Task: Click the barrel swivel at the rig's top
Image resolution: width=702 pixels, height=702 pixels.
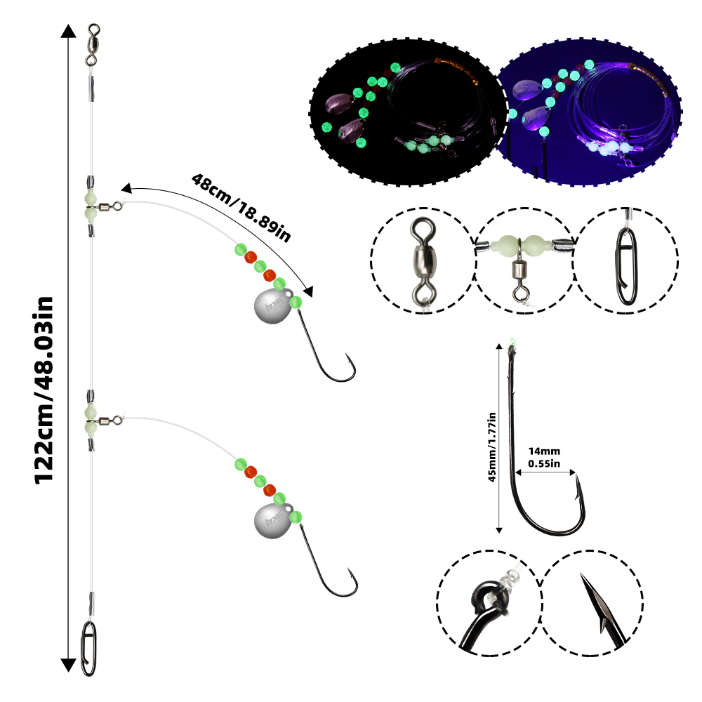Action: (93, 45)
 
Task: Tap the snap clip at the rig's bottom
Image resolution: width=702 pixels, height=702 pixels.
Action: (88, 648)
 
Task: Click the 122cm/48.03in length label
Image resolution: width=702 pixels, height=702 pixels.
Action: (44, 390)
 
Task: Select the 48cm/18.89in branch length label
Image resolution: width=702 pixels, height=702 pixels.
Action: (241, 207)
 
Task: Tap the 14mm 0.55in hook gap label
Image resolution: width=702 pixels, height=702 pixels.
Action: (544, 457)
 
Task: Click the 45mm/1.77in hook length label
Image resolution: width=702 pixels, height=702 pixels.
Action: (492, 446)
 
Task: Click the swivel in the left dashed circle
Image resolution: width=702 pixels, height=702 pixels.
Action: (423, 260)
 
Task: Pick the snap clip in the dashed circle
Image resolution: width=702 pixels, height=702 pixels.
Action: (626, 266)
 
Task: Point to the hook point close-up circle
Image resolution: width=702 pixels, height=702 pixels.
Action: (592, 603)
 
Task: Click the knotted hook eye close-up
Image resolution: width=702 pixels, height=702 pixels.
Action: (489, 603)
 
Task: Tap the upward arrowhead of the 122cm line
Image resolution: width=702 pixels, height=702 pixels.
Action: (68, 31)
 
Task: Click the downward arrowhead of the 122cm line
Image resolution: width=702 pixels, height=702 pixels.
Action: (68, 665)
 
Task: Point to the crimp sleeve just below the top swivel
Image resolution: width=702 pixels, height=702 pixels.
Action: (91, 88)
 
